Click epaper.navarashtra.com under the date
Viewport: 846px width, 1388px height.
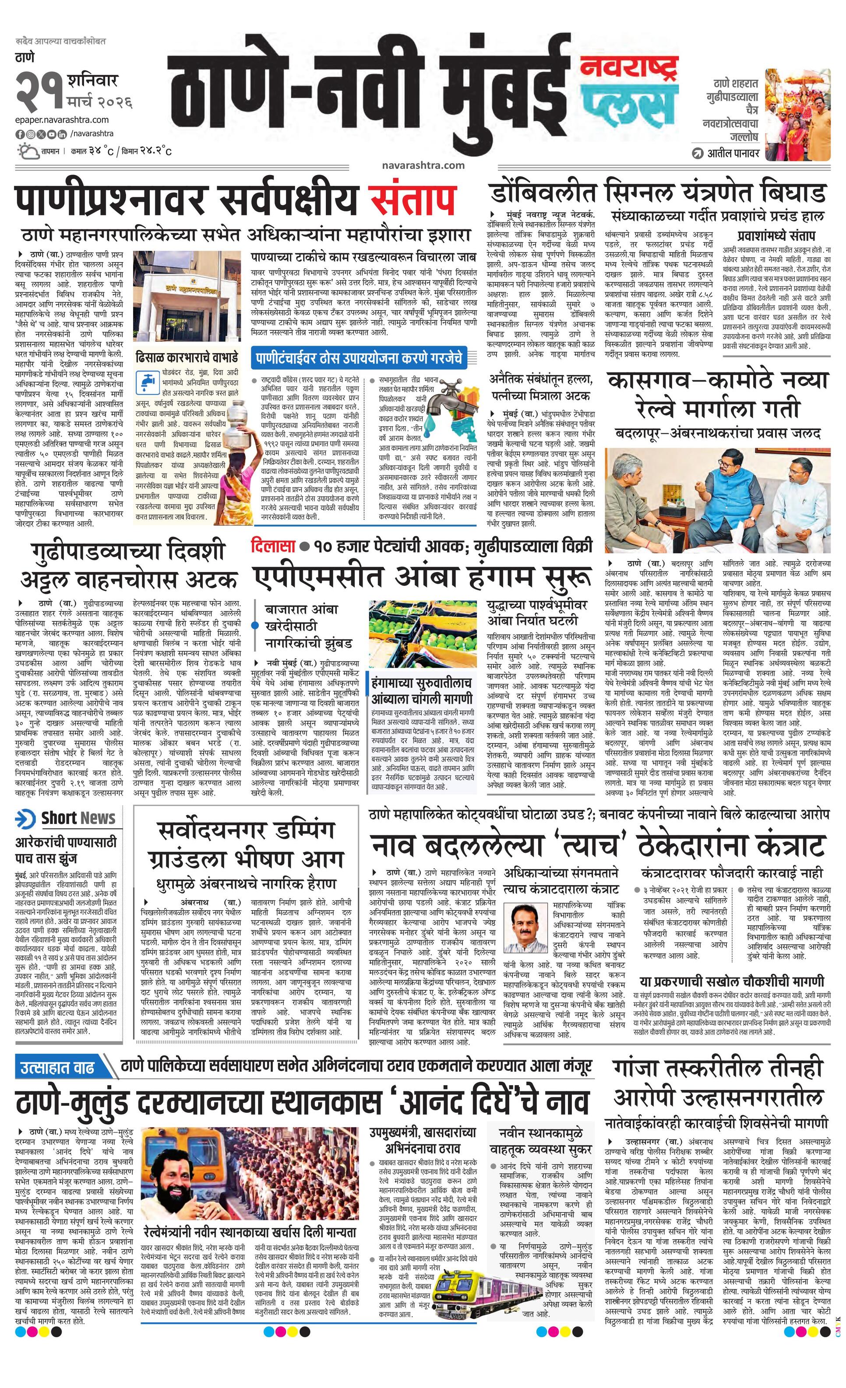[62, 119]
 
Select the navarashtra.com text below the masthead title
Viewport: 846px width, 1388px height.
[423, 165]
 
